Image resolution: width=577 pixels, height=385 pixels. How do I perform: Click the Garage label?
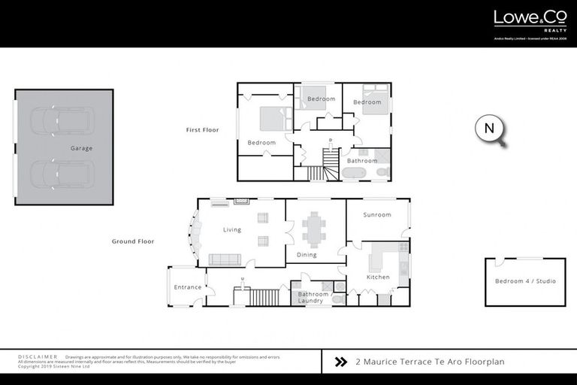coord(81,148)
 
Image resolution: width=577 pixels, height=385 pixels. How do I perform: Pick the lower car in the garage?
coord(62,174)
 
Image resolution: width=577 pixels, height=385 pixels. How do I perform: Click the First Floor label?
coord(202,130)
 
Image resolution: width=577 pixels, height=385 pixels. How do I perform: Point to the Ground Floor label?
coord(133,241)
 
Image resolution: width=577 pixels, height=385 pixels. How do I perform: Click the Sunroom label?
coord(377,215)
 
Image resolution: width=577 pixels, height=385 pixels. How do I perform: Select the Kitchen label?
coord(378,277)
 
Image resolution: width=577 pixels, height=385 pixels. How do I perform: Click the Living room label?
coord(231,229)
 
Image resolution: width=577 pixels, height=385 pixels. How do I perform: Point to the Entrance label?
coord(188,287)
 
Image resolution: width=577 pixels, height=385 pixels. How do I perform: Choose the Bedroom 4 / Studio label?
coord(525,281)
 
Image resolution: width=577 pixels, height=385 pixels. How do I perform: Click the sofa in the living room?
coord(225,259)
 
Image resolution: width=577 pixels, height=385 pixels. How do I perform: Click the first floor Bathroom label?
coord(362,160)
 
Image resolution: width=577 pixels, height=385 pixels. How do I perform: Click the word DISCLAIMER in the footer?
coord(38,356)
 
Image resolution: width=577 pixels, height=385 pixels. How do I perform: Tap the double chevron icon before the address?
coord(340,362)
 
